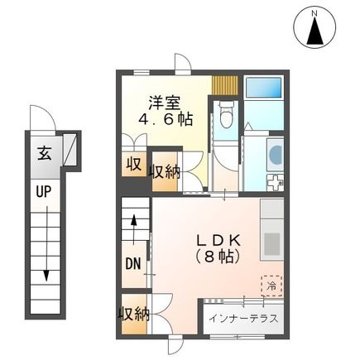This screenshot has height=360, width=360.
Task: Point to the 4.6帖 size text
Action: coord(166,120)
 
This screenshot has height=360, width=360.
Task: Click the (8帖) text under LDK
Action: coord(215,257)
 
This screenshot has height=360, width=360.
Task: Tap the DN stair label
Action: coord(132,265)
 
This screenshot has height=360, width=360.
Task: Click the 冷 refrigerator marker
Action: coord(271,285)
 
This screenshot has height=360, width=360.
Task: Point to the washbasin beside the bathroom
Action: coord(275,153)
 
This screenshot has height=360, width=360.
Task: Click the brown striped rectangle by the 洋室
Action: coord(224,85)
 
